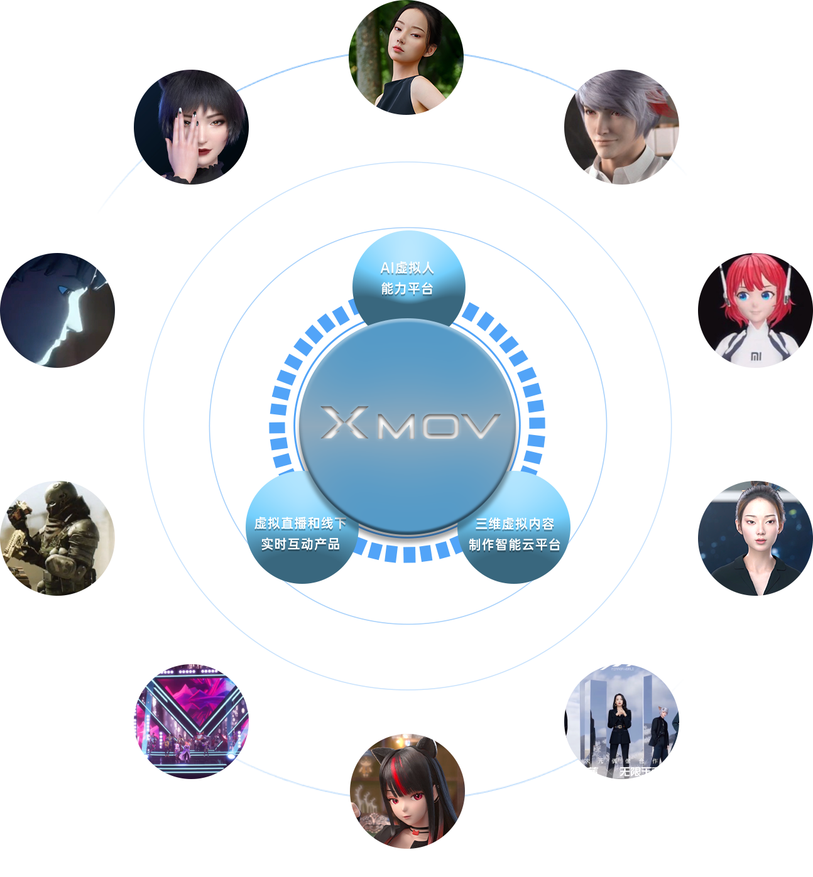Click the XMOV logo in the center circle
pyautogui.click(x=409, y=423)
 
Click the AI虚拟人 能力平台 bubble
pyautogui.click(x=407, y=278)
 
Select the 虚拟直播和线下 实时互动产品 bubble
pyautogui.click(x=300, y=534)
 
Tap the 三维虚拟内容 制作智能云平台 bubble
pyautogui.click(x=514, y=534)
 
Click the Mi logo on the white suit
pyautogui.click(x=756, y=357)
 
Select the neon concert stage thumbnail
pyautogui.click(x=191, y=721)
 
